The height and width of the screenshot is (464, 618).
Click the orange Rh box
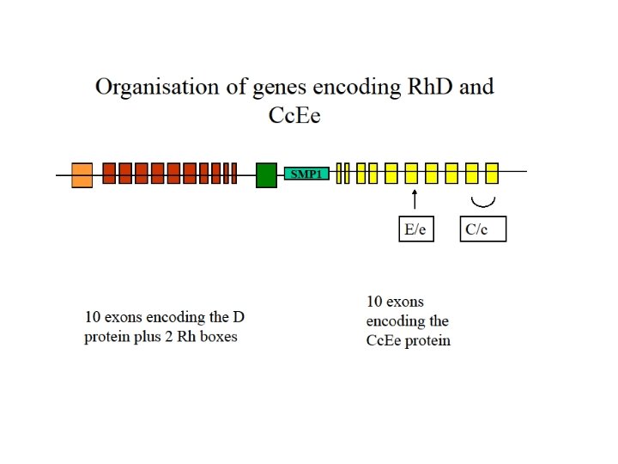click(82, 174)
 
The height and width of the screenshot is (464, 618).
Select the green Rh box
click(266, 174)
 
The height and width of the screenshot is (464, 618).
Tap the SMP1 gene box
click(306, 174)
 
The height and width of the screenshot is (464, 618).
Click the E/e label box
click(416, 229)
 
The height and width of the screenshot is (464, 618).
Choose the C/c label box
click(482, 229)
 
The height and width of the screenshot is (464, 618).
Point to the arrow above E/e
click(415, 199)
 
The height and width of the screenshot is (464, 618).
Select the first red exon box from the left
click(109, 174)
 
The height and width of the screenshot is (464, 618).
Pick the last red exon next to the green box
click(234, 174)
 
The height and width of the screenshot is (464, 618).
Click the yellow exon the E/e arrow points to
click(412, 174)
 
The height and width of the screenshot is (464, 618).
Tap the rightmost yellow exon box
click(492, 174)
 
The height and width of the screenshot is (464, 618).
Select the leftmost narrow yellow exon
click(338, 174)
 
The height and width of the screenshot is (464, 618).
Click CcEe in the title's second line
click(294, 114)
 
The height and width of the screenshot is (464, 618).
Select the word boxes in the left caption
click(217, 337)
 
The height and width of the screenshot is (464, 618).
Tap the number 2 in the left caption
click(173, 337)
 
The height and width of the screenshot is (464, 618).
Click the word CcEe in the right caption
click(387, 340)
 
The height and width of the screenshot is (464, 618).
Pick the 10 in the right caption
click(375, 302)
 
